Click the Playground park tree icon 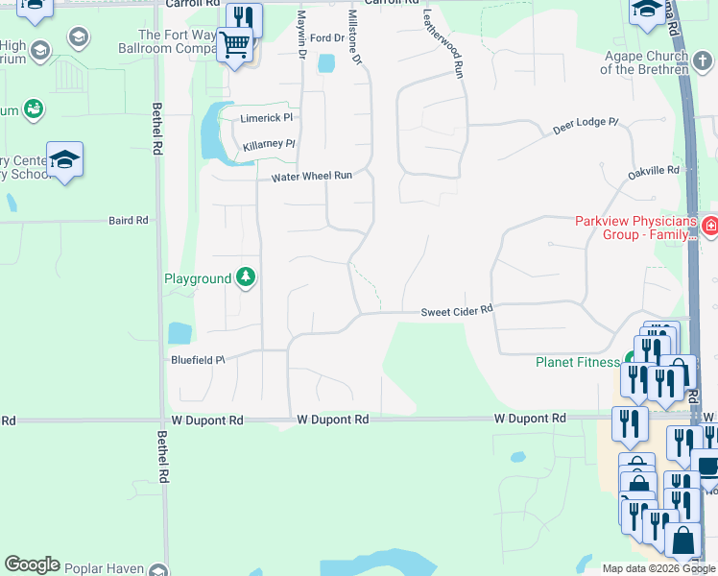(x=247, y=277)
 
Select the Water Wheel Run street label (x=312, y=177)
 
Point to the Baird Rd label (x=129, y=220)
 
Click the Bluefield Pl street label (x=198, y=360)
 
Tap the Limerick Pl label (x=266, y=118)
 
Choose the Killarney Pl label (x=269, y=144)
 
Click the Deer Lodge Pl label (x=586, y=129)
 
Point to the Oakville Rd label (x=653, y=170)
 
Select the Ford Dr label (x=326, y=38)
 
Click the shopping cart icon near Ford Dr (x=234, y=45)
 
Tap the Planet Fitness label (x=577, y=362)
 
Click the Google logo (x=32, y=564)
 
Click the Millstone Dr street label (x=355, y=38)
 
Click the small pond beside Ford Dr (x=325, y=63)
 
